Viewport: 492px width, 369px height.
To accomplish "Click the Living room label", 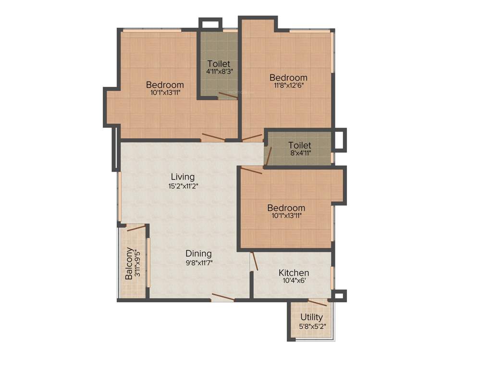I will click(x=183, y=177).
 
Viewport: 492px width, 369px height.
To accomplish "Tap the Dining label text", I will click(x=198, y=254).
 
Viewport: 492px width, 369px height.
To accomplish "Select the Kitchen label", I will click(x=294, y=273).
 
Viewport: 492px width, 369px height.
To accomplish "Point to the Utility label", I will click(x=311, y=317).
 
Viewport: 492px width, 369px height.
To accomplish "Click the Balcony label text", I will click(x=129, y=263).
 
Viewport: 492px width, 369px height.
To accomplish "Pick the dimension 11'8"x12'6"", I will click(x=288, y=86).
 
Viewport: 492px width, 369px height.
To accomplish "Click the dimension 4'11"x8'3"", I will click(x=219, y=72).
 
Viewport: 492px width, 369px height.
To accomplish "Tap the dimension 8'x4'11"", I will click(x=300, y=153).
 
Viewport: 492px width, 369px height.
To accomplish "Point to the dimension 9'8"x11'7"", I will click(x=198, y=262).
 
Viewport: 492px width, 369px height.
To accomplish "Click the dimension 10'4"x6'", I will click(x=294, y=282).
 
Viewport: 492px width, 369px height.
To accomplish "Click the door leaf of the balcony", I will click(x=136, y=228).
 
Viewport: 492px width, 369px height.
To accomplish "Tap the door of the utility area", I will click(x=318, y=302).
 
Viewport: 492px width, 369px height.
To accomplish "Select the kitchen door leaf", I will click(x=255, y=261).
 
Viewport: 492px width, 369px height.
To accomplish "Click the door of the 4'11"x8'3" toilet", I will click(x=228, y=95).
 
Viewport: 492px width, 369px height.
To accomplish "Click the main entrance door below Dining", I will click(x=222, y=297).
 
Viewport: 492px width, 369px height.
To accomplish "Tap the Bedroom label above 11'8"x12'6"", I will click(x=288, y=77).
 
